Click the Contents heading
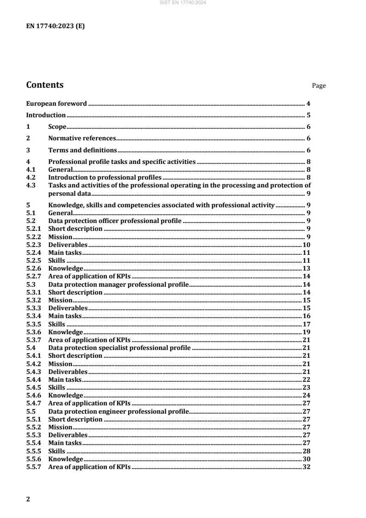click(45, 85)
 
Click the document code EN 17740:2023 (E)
click(55, 26)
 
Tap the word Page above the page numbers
click(319, 85)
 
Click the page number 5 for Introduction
click(308, 115)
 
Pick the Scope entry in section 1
click(57, 126)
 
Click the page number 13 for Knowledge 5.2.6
click(306, 268)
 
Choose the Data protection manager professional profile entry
click(118, 284)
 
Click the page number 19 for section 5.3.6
click(306, 332)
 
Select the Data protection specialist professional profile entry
click(119, 348)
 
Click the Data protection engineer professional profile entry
click(118, 411)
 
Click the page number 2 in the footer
click(28, 499)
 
